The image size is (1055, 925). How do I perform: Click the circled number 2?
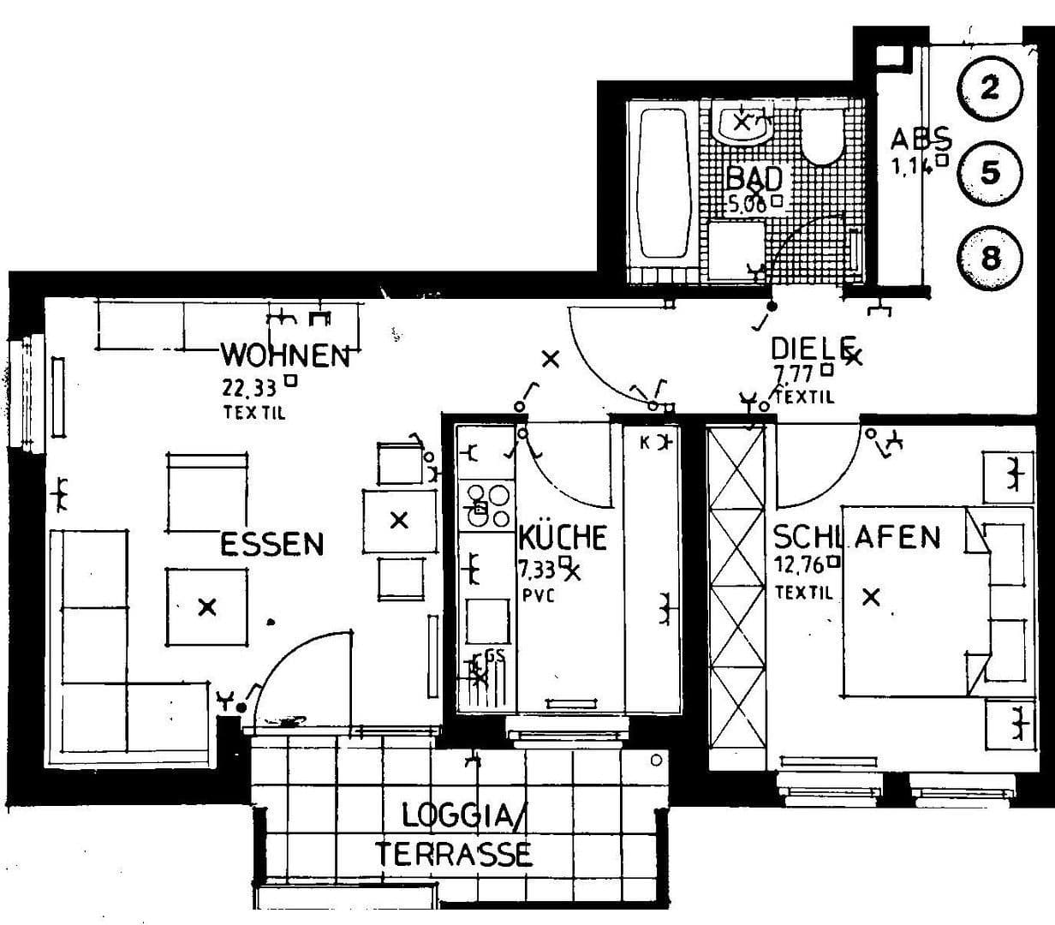coord(989,87)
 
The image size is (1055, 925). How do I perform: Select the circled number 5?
coord(989,172)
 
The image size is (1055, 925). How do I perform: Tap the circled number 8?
coord(989,257)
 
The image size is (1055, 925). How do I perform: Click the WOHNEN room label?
coord(286,355)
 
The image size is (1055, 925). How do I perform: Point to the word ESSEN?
coord(272,544)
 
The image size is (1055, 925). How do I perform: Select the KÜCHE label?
coord(563,538)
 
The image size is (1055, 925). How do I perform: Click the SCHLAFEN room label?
coord(856,537)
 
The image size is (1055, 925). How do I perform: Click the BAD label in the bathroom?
coord(754,178)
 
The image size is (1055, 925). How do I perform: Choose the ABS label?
coord(921,138)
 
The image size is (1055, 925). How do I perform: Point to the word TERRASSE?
coord(454,854)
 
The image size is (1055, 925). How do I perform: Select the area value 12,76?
coord(799,564)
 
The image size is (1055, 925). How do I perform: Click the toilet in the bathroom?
coord(823,137)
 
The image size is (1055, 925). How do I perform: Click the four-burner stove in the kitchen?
coord(486,504)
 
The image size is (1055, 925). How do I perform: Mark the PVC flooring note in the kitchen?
coord(537,594)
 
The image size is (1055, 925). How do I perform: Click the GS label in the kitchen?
coord(494,656)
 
